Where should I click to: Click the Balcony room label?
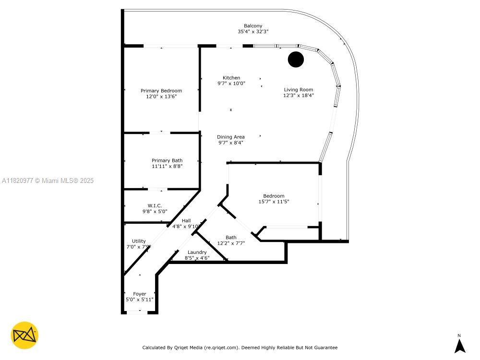(x=253, y=26)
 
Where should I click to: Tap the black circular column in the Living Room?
(x=296, y=60)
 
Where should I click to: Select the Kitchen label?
(x=231, y=78)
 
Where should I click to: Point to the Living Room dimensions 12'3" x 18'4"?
(x=299, y=96)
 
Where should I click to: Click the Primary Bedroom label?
(x=161, y=91)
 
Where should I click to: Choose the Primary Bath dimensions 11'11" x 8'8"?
(x=167, y=166)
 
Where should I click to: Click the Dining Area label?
(x=231, y=137)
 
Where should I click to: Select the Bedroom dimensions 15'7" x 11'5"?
(x=274, y=202)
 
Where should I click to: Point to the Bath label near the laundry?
(x=231, y=237)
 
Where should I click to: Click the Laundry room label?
(x=197, y=252)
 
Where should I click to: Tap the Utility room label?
(x=139, y=241)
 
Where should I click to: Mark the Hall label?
(x=186, y=221)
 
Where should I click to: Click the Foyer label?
(x=140, y=294)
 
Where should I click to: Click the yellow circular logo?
(x=24, y=335)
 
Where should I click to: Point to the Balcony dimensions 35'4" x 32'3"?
(x=253, y=32)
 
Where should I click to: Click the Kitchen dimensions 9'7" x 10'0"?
(x=231, y=84)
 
